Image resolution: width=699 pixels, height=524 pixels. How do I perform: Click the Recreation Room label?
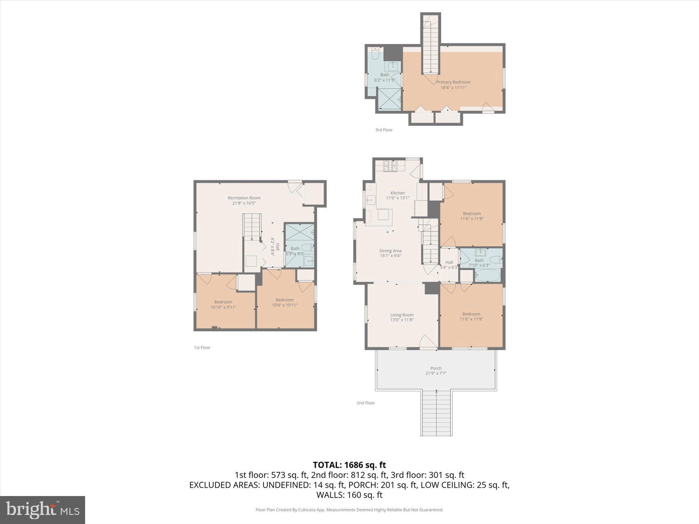point(244,198)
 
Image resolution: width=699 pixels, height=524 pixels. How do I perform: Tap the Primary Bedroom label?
point(453,82)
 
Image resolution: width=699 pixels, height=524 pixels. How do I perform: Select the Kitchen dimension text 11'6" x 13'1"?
point(397,198)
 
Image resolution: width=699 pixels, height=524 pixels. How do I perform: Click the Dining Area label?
point(390,251)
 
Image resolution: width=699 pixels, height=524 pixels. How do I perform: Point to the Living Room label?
point(402,315)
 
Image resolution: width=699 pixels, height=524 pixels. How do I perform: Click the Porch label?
point(436,368)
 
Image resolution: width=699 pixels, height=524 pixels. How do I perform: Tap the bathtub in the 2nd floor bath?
point(487,275)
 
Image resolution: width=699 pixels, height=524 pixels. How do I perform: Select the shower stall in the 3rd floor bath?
point(389,99)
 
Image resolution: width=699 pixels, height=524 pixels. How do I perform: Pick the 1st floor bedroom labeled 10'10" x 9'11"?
point(223,305)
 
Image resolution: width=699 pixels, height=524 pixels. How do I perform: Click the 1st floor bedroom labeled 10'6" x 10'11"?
point(285,302)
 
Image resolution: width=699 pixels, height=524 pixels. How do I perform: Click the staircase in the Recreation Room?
point(252,226)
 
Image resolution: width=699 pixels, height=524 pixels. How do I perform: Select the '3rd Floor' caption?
point(384,130)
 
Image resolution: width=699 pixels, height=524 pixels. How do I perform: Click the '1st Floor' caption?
point(202,348)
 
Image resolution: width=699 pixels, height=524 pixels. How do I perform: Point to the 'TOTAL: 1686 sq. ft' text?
point(349,465)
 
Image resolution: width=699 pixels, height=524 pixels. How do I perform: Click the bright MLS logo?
point(43,510)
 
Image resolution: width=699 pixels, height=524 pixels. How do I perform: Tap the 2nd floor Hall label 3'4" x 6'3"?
point(449,265)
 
